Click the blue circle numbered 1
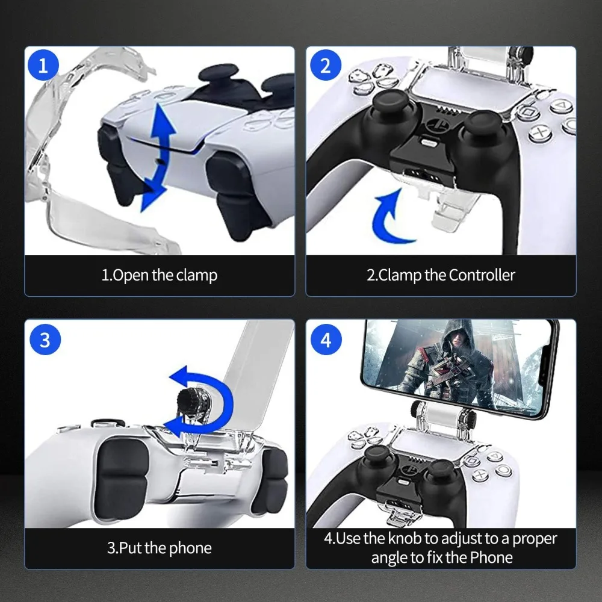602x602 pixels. coord(43,65)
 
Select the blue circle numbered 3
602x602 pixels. coord(45,340)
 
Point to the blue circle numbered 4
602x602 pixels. coord(326,340)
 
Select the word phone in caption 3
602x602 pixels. coord(190,548)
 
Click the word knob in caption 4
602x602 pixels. coord(405,538)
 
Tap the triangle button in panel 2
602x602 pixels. coord(561,105)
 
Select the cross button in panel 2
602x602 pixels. coord(541,133)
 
